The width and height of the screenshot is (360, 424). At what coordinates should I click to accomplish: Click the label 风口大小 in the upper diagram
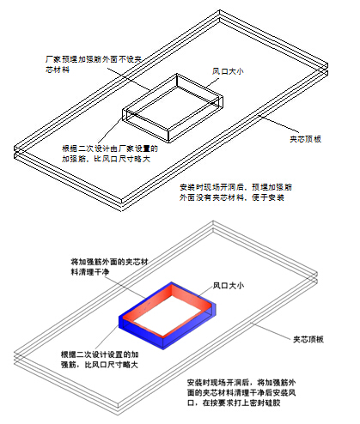coord(228,71)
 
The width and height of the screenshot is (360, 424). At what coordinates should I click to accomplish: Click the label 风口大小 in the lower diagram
coord(229,285)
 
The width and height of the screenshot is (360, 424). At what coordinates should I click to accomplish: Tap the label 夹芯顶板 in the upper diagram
coord(305,139)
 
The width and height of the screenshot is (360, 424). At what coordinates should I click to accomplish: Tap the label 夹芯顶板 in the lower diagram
coord(308,339)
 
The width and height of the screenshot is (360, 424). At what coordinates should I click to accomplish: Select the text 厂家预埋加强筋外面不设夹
coord(94,59)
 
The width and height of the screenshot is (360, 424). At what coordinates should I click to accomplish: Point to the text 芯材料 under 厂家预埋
coord(58,70)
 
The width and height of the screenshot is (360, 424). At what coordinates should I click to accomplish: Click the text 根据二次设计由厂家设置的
coord(110,148)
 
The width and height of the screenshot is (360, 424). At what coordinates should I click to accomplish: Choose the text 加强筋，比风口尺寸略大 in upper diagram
coord(107,159)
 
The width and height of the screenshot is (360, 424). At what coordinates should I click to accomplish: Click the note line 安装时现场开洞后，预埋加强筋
coord(236,187)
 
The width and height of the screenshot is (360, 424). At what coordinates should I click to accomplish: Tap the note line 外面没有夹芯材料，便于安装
coord(232,197)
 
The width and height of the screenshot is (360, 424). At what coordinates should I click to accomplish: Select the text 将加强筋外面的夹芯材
coord(109,262)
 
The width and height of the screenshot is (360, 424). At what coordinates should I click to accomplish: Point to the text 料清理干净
coord(90,272)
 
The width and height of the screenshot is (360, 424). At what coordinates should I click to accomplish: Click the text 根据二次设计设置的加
coord(100,354)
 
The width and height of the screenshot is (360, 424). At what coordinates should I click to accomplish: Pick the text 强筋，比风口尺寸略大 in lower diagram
coord(100,365)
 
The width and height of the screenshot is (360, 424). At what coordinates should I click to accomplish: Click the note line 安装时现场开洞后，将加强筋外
coord(241,383)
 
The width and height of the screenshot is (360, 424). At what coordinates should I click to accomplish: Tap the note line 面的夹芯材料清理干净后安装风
coord(241,393)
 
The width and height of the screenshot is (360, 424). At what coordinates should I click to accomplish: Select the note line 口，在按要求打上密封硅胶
coord(234,403)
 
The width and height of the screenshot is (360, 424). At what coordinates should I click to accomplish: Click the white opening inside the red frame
coord(169,314)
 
